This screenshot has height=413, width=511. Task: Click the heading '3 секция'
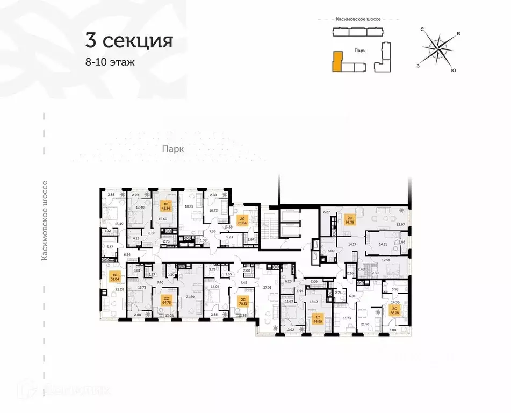[x=128, y=41]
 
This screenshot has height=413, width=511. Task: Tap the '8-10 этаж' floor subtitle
[x=110, y=62]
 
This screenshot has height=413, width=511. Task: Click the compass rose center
[x=440, y=49]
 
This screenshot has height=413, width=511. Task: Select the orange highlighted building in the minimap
[x=337, y=61]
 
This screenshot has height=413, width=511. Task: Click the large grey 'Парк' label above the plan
[x=174, y=150]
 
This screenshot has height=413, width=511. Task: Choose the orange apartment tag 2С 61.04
[x=242, y=220]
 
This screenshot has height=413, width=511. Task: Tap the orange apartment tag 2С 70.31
[x=243, y=301]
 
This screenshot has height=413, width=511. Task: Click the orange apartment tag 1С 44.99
[x=318, y=319]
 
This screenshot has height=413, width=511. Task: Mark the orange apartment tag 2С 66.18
[x=394, y=310]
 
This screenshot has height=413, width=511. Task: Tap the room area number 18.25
[x=189, y=206]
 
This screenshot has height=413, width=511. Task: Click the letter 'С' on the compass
[x=423, y=29]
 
